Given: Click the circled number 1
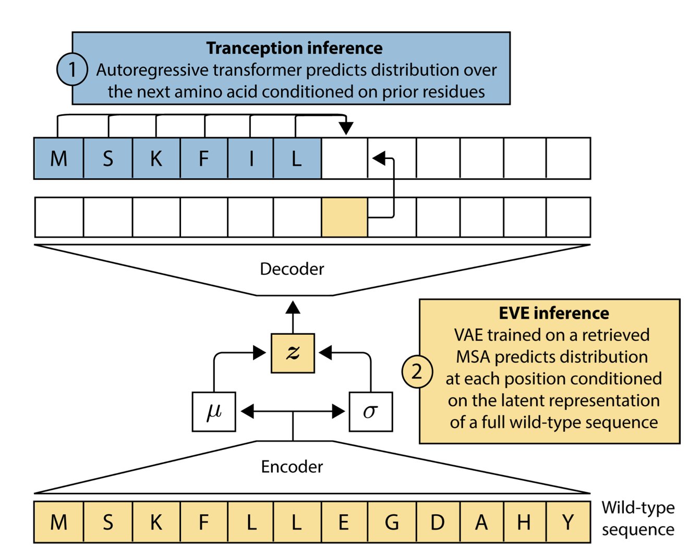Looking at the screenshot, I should tap(72, 69).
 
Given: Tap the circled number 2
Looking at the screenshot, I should tap(417, 372).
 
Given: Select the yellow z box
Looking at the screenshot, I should tap(293, 353).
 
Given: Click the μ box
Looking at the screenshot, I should tap(214, 411).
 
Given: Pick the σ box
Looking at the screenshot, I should tap(370, 411).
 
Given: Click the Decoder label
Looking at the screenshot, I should tap(292, 269).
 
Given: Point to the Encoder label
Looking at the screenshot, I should tap(292, 466).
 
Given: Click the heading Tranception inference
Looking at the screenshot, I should tap(294, 48).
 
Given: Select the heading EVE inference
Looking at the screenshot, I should tap(553, 313).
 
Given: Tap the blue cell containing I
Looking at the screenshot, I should tap(251, 159).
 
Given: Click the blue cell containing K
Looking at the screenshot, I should tap(156, 159).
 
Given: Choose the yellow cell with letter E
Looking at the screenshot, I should tap(344, 522).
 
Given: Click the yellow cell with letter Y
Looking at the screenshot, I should tap(568, 522).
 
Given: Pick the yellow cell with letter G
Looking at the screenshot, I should tap(392, 522).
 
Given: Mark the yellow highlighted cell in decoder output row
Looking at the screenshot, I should tap(344, 217).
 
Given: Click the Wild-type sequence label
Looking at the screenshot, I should tap(637, 518).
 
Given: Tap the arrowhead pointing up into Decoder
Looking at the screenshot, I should tap(293, 307).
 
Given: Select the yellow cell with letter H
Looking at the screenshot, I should tap(524, 522).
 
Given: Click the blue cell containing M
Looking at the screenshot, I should tap(58, 159).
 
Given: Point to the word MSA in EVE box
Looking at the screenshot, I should tap(473, 357).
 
